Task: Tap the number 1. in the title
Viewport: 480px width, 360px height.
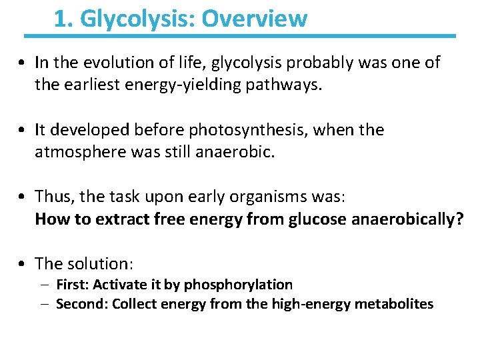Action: pos(64,19)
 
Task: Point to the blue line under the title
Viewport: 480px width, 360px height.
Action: pos(240,35)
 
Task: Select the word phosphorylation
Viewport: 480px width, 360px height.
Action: pos(238,285)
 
